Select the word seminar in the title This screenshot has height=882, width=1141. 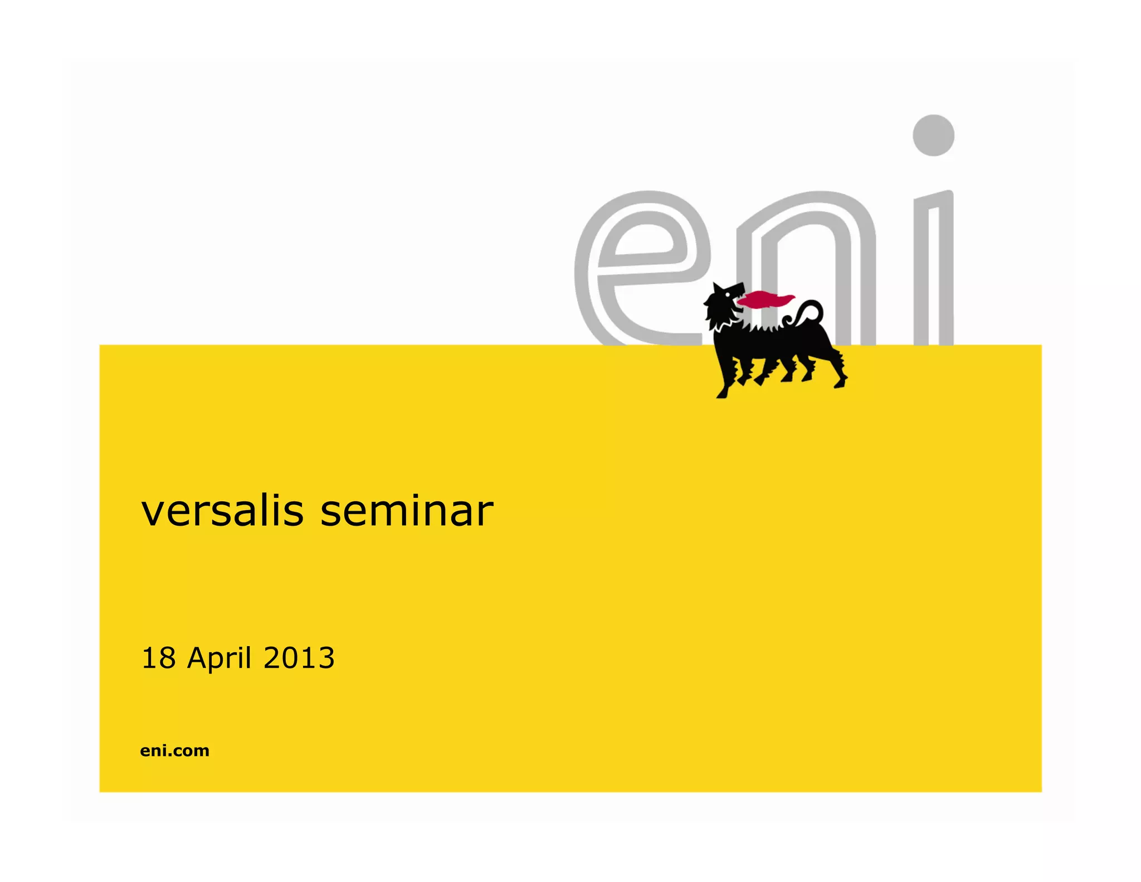[407, 511]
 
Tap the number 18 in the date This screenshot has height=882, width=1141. [158, 658]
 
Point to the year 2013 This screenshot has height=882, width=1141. [299, 658]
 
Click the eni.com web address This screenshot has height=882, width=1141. [174, 750]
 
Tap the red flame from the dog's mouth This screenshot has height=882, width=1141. [764, 300]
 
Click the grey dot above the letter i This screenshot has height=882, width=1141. [933, 135]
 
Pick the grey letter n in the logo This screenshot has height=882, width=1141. [808, 262]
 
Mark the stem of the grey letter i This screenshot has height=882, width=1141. [934, 268]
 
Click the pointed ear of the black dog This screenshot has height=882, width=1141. [717, 288]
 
